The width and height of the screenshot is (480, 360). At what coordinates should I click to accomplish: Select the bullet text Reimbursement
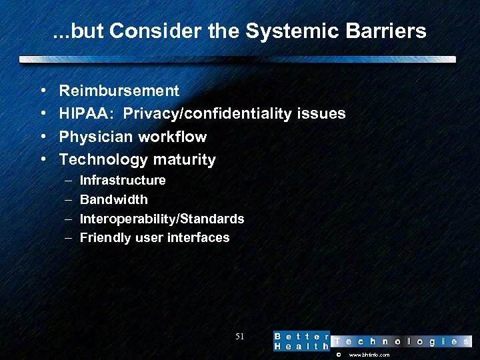pos(119,91)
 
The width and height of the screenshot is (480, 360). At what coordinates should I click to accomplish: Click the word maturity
pos(183,160)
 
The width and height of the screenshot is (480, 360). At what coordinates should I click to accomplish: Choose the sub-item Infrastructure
pos(123,181)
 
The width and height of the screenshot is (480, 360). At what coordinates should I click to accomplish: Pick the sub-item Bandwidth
pos(114,200)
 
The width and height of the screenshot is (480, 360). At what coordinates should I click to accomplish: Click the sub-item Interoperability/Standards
pos(162,219)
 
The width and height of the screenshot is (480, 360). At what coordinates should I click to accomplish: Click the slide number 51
pos(240,337)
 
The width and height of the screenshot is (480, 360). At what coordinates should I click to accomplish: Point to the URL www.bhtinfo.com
pos(369,355)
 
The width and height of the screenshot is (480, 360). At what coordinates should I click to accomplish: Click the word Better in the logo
pos(302,336)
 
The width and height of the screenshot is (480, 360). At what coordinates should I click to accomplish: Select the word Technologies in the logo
pos(401,341)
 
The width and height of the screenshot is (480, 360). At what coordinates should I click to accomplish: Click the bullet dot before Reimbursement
pos(43,91)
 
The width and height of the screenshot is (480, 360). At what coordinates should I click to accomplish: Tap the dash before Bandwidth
pos(70,200)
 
